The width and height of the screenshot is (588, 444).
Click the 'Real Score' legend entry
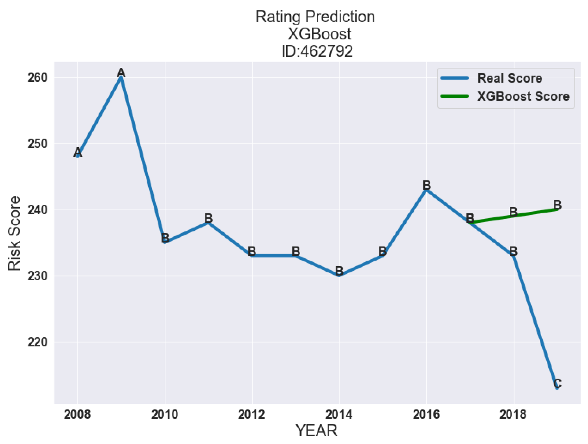point(509,78)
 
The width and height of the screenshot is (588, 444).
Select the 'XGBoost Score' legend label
point(523,96)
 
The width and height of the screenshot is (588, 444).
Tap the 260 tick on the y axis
point(38,78)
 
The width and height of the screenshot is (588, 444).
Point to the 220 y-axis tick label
point(38,342)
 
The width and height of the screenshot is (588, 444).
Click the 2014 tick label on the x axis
point(339,414)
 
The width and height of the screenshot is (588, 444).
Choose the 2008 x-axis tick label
point(77,414)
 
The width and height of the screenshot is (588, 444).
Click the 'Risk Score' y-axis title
point(14,233)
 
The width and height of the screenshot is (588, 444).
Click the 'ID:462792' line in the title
point(317,51)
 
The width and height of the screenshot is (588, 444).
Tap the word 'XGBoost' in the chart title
point(319,34)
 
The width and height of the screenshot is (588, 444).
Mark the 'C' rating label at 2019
point(557,383)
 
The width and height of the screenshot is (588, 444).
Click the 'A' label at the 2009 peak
point(121,73)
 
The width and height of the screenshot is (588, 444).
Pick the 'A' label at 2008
point(78,152)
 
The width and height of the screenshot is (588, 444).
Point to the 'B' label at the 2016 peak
point(427,185)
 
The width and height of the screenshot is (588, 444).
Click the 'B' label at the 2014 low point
point(339,271)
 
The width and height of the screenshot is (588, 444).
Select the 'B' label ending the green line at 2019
point(557,205)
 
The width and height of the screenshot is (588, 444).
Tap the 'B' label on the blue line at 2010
point(165,238)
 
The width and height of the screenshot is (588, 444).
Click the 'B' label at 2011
point(208,218)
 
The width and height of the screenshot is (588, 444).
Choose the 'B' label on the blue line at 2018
point(513,251)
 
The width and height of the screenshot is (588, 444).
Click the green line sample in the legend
point(454,96)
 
